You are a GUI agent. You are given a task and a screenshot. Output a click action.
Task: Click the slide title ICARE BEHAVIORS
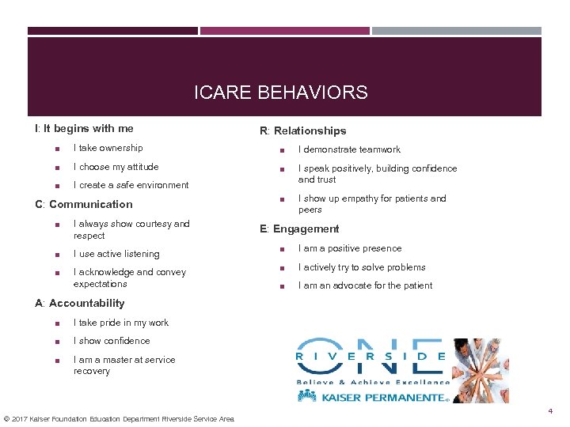click(281, 93)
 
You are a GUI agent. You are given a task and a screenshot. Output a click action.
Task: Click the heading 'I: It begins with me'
click(84, 128)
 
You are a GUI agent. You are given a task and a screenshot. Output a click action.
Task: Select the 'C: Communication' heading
click(84, 204)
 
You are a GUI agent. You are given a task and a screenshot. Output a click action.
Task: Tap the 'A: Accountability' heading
click(80, 303)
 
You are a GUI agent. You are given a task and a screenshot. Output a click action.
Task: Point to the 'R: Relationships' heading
click(302, 130)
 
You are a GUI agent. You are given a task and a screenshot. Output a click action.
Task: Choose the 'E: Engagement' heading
click(299, 229)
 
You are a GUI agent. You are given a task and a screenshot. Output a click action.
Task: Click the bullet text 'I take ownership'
click(108, 148)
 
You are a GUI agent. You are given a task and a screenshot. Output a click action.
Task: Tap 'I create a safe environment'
click(131, 185)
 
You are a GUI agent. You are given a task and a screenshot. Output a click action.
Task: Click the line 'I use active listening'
click(116, 254)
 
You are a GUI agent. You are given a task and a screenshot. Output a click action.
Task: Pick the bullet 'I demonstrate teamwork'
click(349, 149)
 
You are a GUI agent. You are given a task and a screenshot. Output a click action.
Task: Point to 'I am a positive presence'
click(349, 248)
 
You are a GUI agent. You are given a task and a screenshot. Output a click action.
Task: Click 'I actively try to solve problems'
click(362, 267)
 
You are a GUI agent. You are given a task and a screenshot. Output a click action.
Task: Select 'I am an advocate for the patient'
click(365, 285)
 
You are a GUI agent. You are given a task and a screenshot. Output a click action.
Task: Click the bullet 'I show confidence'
click(111, 341)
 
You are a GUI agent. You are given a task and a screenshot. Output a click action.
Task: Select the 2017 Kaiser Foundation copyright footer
click(119, 418)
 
